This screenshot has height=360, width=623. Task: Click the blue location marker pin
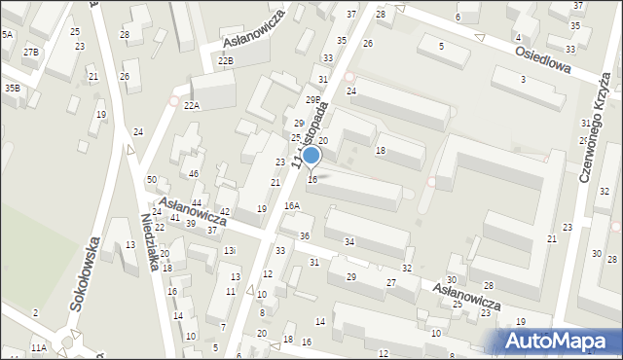point(311,155)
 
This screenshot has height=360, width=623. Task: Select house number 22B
point(226,60)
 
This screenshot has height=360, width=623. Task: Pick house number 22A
point(191,106)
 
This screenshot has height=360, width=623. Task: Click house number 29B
point(312,99)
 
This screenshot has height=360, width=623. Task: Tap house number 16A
point(292,205)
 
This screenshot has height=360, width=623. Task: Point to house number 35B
point(12,89)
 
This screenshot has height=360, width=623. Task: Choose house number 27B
point(31,52)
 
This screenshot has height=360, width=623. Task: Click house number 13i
point(230,251)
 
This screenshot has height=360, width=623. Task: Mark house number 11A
point(38,347)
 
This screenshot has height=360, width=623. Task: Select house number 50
point(152,180)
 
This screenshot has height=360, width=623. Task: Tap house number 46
point(194,173)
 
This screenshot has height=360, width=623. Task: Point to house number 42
point(224,211)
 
